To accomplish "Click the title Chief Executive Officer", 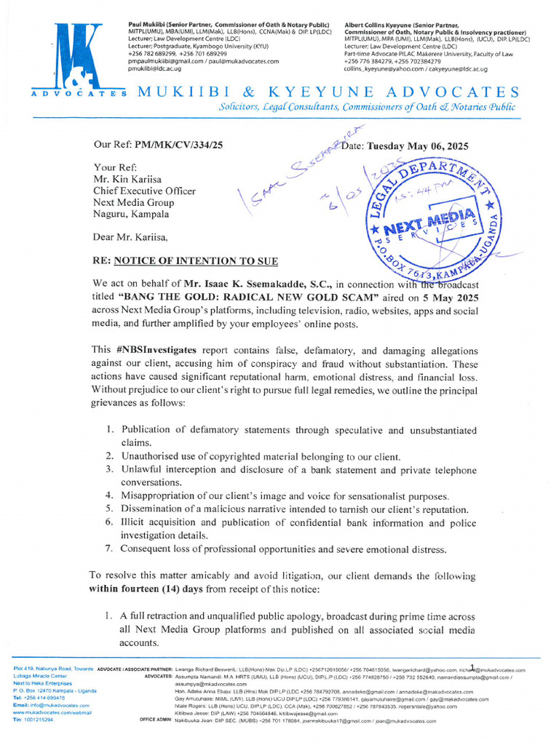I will pyautogui.click(x=144, y=191).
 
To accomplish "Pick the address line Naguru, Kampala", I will pyautogui.click(x=131, y=214).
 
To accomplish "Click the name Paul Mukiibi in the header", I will pyautogui.click(x=149, y=25).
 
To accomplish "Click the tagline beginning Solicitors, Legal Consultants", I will pyautogui.click(x=368, y=107).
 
